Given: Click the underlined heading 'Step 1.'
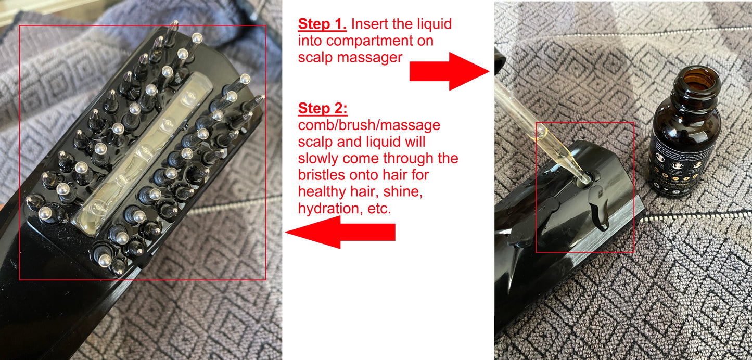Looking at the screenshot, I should pyautogui.click(x=322, y=24).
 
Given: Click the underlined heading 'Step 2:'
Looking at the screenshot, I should pyautogui.click(x=322, y=109).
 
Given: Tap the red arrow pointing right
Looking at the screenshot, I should pyautogui.click(x=449, y=71).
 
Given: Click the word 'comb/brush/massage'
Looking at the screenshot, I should pyautogui.click(x=369, y=125).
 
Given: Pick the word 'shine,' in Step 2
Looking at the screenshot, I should pyautogui.click(x=404, y=191).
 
